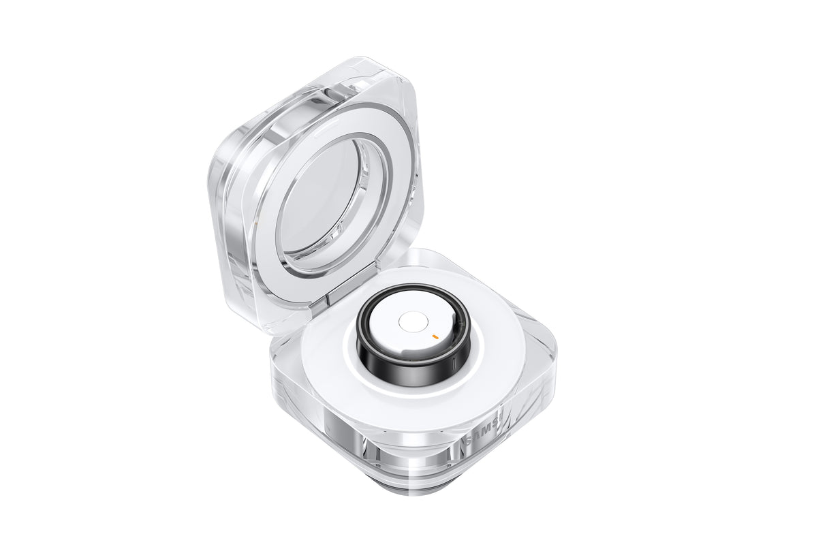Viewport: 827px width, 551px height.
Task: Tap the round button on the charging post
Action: tap(411, 322)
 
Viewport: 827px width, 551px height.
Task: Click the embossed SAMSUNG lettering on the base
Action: tap(485, 431)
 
